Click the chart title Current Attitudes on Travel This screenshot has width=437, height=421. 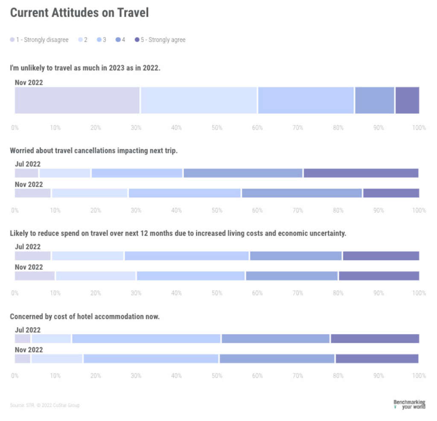[79, 13]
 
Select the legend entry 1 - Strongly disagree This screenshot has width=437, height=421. [39, 40]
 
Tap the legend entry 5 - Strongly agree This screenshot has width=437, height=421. [160, 40]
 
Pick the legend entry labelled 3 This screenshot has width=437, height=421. [102, 40]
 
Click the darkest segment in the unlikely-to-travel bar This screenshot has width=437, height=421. [407, 101]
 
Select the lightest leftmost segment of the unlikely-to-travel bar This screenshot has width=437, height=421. [77, 101]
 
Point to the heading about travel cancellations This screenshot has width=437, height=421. [93, 151]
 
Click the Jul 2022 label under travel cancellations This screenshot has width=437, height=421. [28, 164]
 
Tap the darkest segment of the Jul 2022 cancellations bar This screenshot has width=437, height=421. [361, 173]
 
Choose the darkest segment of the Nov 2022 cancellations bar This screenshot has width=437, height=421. [391, 193]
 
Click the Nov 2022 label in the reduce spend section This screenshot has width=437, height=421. [29, 267]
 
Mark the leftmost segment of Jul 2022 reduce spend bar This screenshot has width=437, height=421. [32, 256]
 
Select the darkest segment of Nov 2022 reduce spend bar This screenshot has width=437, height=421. [379, 276]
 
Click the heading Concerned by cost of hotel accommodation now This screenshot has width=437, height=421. [84, 317]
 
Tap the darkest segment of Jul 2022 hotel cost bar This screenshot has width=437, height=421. [375, 339]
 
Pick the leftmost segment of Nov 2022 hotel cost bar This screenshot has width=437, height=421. [23, 359]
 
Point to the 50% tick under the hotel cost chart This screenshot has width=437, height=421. [217, 376]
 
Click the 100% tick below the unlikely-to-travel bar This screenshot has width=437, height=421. [419, 128]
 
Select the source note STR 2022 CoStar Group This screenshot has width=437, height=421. [45, 405]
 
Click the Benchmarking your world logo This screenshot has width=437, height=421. [409, 404]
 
